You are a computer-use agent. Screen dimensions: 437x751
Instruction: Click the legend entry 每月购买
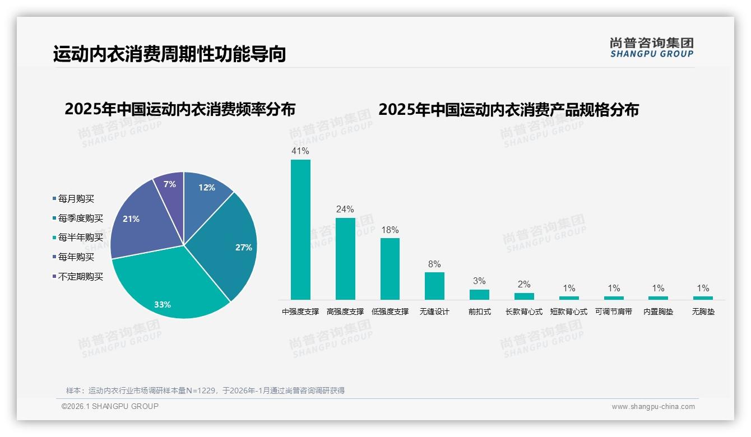76,199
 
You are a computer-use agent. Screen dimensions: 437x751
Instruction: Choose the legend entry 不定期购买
80,277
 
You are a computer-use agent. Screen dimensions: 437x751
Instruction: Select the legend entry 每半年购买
80,238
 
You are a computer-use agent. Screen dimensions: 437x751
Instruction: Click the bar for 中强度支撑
300,230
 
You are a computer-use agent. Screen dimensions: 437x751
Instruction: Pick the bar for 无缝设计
434,286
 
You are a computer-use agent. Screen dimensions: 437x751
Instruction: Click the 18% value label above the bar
390,230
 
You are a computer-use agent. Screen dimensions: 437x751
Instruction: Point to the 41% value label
300,151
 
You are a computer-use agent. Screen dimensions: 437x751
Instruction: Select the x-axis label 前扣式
479,312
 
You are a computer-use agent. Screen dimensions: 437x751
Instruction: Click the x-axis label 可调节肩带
614,312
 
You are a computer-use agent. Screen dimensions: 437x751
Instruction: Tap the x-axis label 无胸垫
703,312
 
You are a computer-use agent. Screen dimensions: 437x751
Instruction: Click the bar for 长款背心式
524,296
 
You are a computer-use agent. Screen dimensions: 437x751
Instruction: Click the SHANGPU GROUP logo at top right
652,48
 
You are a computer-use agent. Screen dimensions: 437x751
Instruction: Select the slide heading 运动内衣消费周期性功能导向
170,54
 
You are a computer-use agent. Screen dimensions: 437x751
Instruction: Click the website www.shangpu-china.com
653,407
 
